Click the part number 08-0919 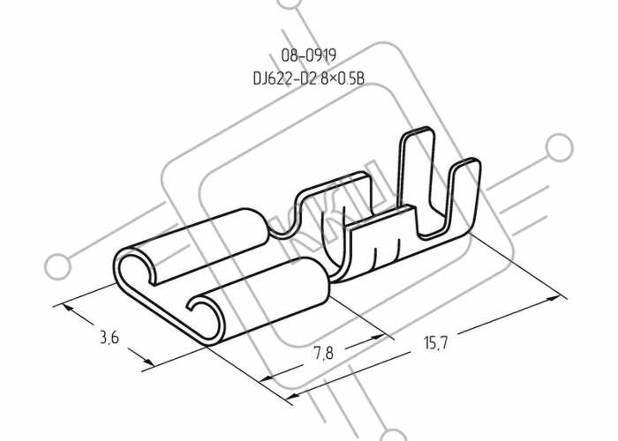click(x=309, y=56)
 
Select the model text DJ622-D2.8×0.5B click(x=309, y=78)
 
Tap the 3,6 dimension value click(x=109, y=338)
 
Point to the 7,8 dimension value click(x=323, y=353)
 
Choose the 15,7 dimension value click(x=436, y=342)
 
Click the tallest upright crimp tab click(x=417, y=169)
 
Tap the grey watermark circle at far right click(x=559, y=147)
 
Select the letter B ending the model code click(x=360, y=78)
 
